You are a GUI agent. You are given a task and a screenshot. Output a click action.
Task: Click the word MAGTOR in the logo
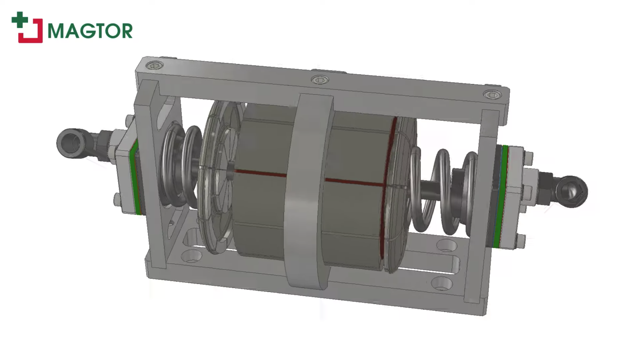pyautogui.click(x=90, y=31)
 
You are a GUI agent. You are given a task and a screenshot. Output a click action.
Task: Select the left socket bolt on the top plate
pyautogui.click(x=154, y=66)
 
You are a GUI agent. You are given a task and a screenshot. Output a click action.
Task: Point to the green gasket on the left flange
pyautogui.click(x=134, y=178)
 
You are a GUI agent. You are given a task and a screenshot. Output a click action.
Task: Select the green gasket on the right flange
pyautogui.click(x=504, y=196)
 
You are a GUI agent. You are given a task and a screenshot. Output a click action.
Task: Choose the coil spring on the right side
pyautogui.click(x=440, y=191)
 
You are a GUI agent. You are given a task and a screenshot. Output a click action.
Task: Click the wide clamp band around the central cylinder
pyautogui.click(x=309, y=191)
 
